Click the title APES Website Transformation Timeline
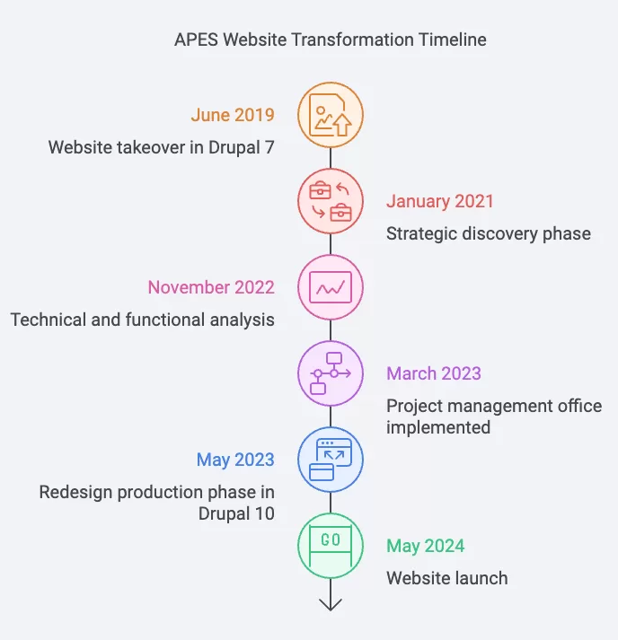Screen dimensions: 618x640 331,39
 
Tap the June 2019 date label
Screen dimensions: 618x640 233,115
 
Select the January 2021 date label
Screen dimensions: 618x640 440,201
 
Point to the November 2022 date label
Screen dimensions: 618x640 211,287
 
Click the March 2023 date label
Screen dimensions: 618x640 434,373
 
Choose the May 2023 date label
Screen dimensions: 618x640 235,460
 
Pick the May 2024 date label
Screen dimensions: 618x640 426,546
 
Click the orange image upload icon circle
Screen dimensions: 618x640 331,115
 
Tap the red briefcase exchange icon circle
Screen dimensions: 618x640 331,201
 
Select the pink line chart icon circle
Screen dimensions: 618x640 331,287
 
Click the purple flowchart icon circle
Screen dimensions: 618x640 331,373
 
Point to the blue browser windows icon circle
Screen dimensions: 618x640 331,460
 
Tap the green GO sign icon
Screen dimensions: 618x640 331,546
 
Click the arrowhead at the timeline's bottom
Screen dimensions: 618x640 331,609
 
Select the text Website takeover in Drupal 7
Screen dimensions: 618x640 162,147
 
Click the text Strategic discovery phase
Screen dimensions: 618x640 489,234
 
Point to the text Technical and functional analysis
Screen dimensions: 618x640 143,320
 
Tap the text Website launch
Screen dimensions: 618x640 447,578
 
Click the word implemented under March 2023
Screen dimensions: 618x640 438,427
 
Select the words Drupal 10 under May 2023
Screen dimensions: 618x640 236,513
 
